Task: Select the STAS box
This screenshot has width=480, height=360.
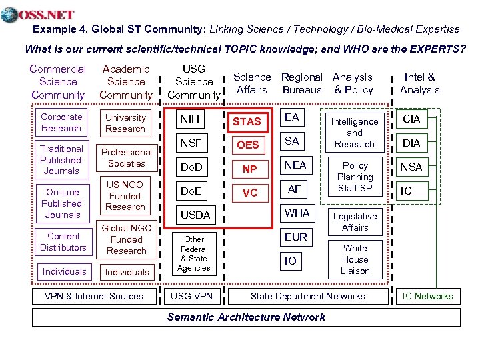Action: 246,121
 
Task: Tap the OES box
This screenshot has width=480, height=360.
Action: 248,145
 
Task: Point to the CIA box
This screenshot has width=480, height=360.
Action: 411,119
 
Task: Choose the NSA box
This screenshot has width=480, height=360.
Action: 411,167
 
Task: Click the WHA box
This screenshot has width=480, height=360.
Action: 297,213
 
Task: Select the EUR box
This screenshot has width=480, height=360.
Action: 295,237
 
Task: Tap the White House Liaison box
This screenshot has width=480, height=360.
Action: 355,259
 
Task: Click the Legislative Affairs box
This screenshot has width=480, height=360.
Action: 355,222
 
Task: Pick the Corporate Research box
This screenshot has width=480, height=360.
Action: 61,123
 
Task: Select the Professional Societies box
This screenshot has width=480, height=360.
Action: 126,158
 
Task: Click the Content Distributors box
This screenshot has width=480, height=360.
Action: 63,242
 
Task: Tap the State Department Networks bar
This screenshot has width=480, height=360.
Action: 307,296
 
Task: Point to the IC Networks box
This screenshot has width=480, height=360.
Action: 427,296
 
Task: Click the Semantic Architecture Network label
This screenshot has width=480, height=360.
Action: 246,317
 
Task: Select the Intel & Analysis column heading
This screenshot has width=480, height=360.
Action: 419,83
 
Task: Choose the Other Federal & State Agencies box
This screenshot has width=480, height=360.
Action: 194,253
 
